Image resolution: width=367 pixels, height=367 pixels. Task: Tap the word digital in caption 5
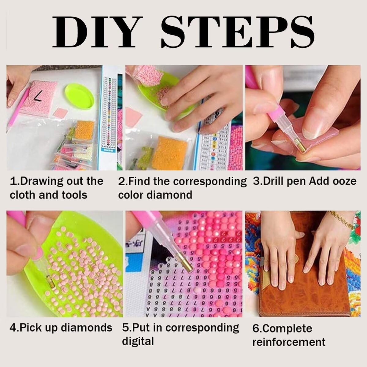point(138,341)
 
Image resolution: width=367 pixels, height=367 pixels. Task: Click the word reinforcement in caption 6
point(289,342)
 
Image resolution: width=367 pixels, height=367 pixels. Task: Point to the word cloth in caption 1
point(23,195)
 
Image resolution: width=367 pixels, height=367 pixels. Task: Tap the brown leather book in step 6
point(303,281)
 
